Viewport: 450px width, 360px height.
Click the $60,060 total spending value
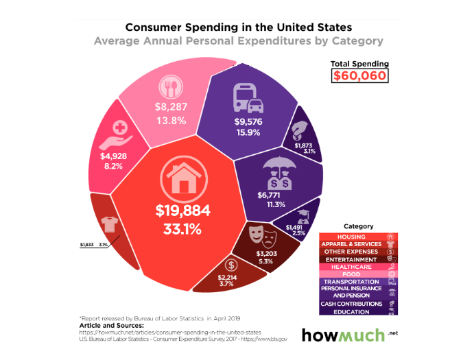[359, 76]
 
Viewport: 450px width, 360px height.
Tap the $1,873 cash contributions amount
[303, 145]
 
